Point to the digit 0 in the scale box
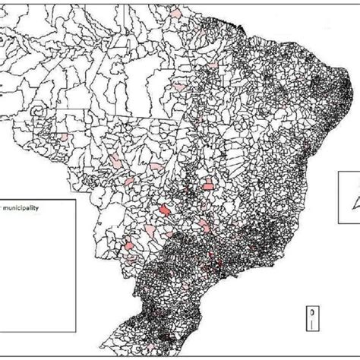pos(313,311)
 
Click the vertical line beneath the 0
pos(313,324)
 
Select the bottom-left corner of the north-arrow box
pos(340,228)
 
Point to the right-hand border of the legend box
pos(74,228)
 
